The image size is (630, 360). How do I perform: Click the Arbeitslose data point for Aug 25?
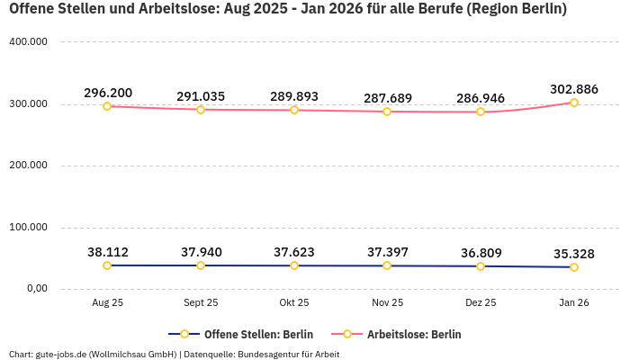point(107,106)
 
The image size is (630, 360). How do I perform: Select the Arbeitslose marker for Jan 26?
point(574,103)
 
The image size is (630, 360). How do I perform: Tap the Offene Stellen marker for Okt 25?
point(294,265)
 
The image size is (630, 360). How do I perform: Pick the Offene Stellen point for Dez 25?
point(481,266)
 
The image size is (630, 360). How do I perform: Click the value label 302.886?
point(574,89)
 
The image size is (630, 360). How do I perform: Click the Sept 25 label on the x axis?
point(201,303)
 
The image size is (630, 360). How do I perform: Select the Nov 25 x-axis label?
point(387,303)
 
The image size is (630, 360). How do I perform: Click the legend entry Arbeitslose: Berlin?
point(414,334)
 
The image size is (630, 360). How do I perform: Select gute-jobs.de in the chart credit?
point(60,354)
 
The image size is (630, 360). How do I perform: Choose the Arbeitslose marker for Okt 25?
point(294,110)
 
